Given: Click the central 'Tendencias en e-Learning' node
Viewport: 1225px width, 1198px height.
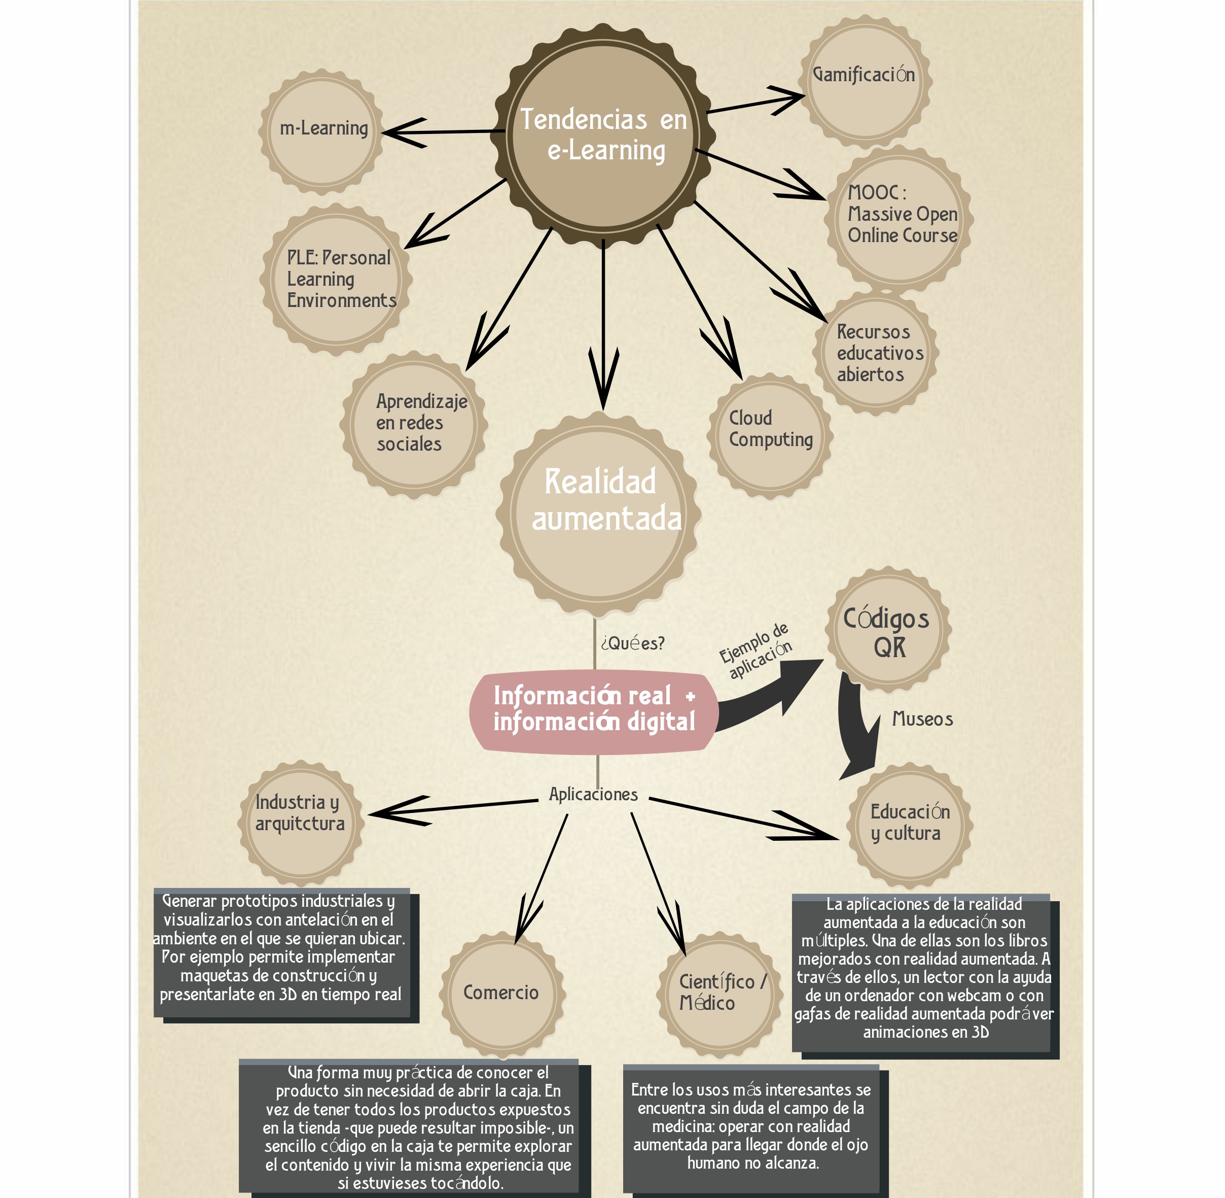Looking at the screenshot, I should click(605, 135).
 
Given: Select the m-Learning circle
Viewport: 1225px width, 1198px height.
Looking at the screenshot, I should click(322, 131).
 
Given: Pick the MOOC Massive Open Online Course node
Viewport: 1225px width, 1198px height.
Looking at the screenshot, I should click(899, 217).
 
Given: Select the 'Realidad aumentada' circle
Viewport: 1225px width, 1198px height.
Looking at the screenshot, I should click(599, 513).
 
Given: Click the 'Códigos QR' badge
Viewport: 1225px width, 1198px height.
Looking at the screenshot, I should click(887, 632).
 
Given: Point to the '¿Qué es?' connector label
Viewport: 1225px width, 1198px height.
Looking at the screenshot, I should click(632, 643).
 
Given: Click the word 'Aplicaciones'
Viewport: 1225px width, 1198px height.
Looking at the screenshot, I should click(593, 794).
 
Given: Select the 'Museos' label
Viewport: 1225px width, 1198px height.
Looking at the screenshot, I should click(922, 719).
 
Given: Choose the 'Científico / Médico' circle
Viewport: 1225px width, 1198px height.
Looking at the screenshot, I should click(719, 993).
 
